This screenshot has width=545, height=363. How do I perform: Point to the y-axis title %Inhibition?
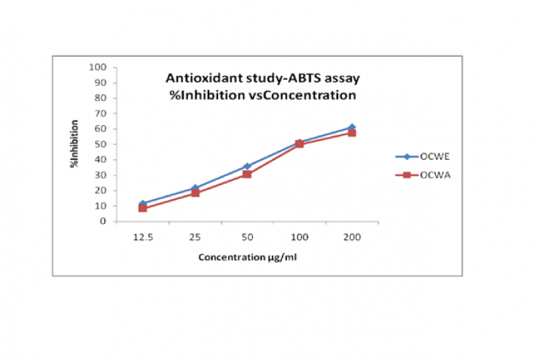tap(74, 145)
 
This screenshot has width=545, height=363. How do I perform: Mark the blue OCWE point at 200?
tap(352, 128)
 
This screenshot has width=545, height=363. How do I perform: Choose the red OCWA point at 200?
tap(352, 133)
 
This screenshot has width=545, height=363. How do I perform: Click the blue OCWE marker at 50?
tap(247, 167)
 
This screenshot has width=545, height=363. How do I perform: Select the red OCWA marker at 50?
tap(247, 175)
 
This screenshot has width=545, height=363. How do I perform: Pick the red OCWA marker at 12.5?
tap(142, 209)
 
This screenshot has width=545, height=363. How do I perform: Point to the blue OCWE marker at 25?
tap(195, 188)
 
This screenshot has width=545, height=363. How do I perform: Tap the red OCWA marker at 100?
tap(299, 145)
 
